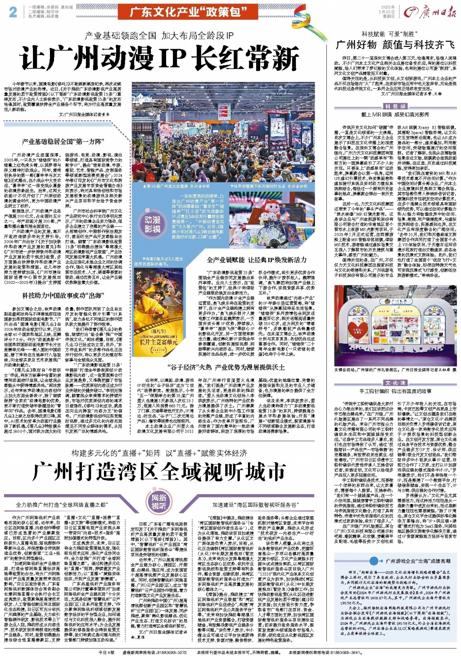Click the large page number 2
[13, 12]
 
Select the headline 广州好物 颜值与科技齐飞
[395, 45]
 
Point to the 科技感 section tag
[395, 106]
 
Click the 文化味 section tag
[395, 383]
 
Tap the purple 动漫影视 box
[152, 224]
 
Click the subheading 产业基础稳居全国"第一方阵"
[63, 142]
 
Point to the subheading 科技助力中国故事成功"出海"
[63, 296]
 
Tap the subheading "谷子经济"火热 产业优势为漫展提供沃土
[226, 367]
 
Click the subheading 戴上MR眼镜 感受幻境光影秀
[395, 115]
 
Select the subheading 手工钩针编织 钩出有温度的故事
[395, 391]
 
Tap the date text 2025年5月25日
[388, 12]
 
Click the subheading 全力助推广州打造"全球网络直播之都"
[61, 505]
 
